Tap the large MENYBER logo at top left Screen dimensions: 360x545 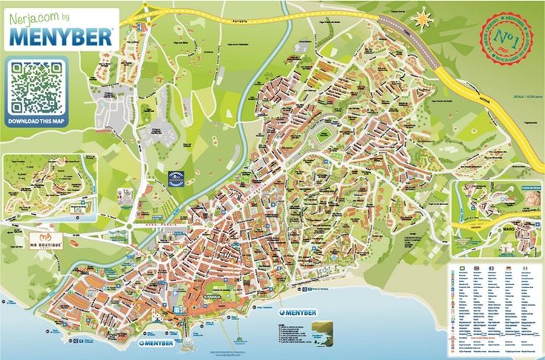pyautogui.click(x=61, y=35)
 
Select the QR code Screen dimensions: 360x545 pyautogui.click(x=36, y=87)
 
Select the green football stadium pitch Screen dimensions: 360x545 pyautogui.click(x=324, y=138)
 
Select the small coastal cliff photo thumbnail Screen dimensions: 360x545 pyautogui.click(x=326, y=330)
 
